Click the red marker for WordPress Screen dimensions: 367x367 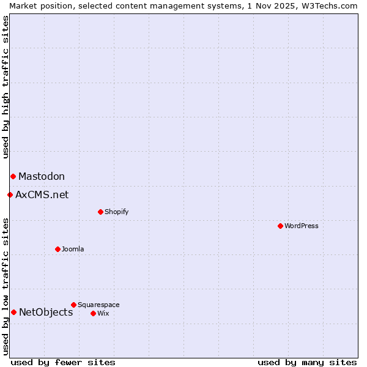coord(280,226)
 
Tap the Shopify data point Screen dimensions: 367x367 coord(100,212)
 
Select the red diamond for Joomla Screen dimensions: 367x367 coord(57,249)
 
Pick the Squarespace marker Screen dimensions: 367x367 coord(73,305)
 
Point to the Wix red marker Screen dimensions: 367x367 coord(93,313)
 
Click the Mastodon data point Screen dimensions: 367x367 coord(13,176)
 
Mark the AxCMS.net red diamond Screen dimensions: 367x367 coord(10,195)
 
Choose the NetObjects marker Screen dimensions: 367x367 coord(13,312)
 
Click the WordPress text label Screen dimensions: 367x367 coord(302,226)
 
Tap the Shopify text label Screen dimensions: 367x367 coord(116,212)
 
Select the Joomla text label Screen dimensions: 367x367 coord(73,249)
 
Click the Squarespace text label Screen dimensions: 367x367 coord(98,305)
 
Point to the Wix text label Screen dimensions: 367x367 coord(103,313)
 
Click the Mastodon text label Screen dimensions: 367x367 coord(42,176)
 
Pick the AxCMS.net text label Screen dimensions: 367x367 coord(42,195)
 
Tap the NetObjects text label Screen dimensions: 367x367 coord(46,312)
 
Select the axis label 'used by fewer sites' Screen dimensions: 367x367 coord(63,362)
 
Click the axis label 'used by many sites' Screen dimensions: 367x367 coord(307,362)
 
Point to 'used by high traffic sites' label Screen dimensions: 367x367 coord(6,87)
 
